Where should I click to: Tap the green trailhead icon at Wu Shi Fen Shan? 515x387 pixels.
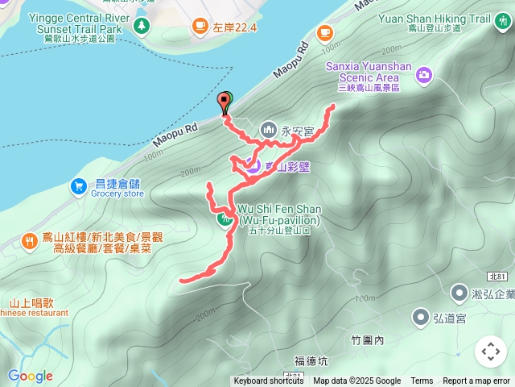point(223,218)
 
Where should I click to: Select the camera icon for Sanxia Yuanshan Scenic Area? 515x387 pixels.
point(424,75)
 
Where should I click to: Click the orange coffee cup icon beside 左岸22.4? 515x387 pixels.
point(199,28)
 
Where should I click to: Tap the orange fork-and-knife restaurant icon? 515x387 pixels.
point(30,241)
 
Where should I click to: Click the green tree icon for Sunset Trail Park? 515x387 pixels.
point(142,27)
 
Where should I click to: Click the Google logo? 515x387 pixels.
point(30,376)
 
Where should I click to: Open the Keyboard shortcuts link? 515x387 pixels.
point(269,381)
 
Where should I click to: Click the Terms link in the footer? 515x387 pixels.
point(422,381)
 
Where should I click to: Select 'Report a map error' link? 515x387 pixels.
point(477,381)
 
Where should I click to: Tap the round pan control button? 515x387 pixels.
point(490,352)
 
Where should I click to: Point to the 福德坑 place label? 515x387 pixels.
point(311,360)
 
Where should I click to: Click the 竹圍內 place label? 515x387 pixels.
point(369,340)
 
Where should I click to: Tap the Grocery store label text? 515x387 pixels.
point(117,193)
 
